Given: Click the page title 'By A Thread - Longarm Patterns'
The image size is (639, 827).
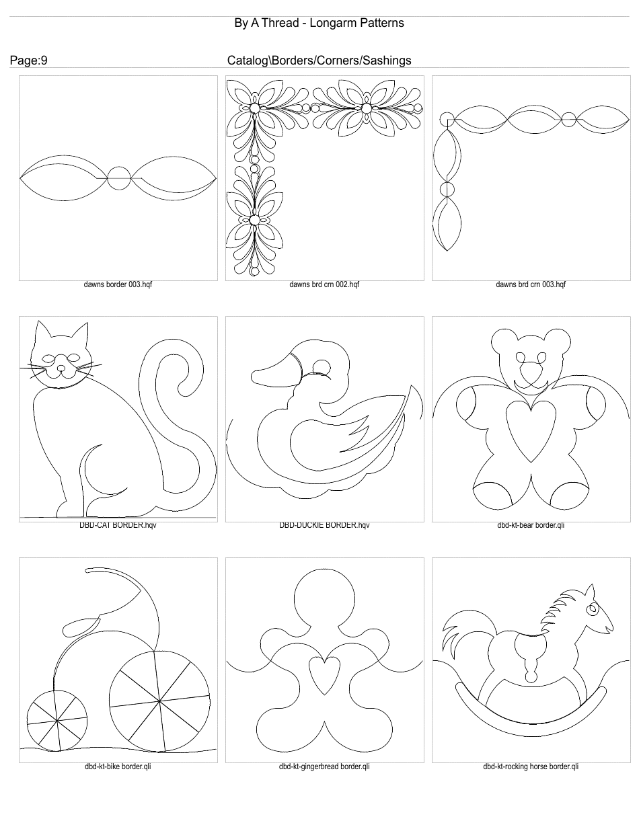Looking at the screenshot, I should click(x=319, y=23).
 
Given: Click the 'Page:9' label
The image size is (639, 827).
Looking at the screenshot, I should click(x=28, y=61).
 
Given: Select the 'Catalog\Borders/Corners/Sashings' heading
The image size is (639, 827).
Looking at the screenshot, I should click(x=319, y=61).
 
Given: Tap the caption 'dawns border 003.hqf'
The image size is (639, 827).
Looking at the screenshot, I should click(x=118, y=284).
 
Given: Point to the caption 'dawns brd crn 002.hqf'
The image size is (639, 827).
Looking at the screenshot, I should click(x=324, y=284).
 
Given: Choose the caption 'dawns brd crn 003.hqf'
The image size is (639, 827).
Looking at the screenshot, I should click(x=531, y=284).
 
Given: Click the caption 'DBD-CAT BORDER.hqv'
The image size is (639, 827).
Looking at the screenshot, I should click(x=118, y=525).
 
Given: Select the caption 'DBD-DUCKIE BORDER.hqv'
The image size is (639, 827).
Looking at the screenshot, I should click(x=324, y=525).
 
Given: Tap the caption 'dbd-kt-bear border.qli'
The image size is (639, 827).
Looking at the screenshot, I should click(x=531, y=525).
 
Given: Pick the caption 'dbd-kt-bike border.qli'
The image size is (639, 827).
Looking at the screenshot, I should click(x=118, y=766).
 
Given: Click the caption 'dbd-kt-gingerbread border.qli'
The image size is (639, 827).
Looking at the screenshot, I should click(x=324, y=766).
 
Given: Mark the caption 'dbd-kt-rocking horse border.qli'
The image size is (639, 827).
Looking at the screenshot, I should click(x=531, y=766).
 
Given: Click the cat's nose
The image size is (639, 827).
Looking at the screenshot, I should click(x=61, y=368).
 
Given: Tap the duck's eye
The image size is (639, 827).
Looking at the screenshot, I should click(x=322, y=367).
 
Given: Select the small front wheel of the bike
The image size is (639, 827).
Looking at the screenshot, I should click(x=57, y=721).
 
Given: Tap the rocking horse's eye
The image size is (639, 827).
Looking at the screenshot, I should click(x=591, y=610).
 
